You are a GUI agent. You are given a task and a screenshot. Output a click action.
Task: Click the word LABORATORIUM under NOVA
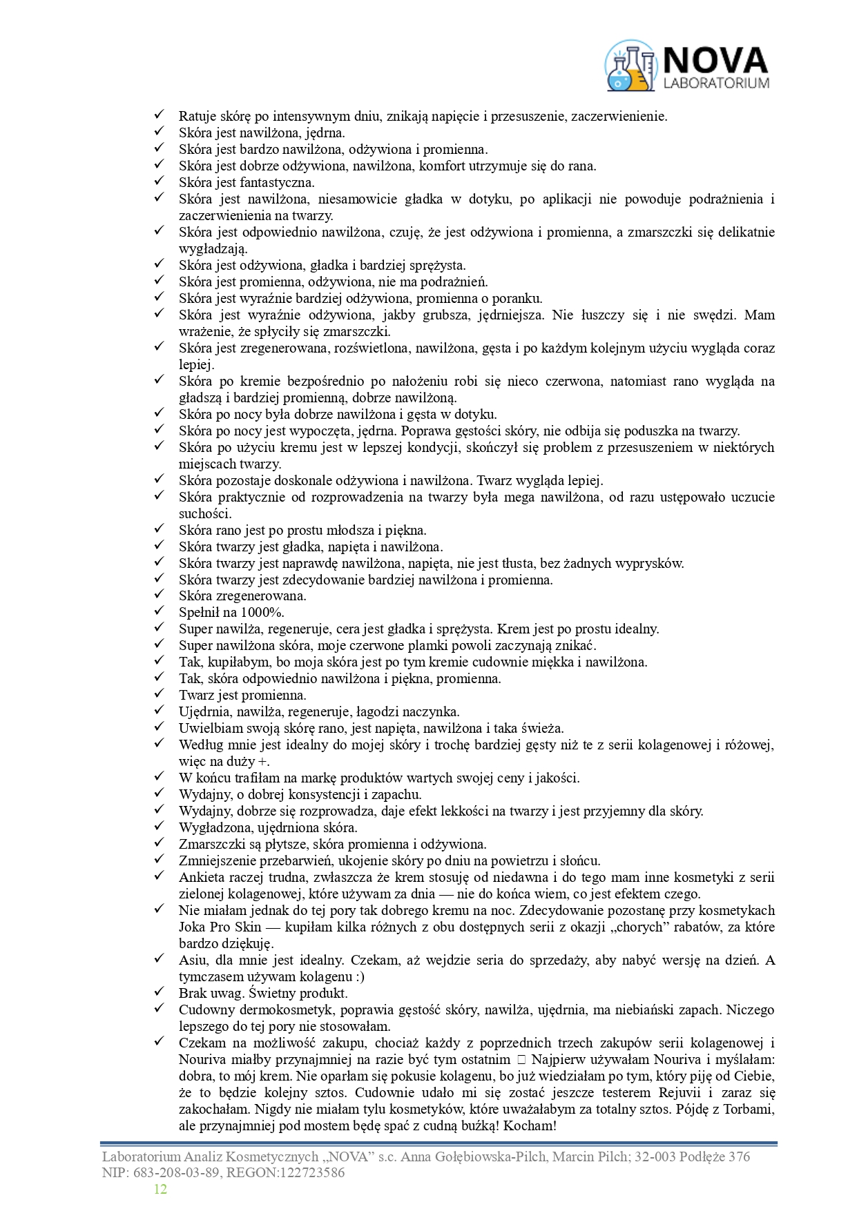[x=715, y=83]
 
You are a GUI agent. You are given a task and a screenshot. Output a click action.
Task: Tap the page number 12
[x=160, y=1188]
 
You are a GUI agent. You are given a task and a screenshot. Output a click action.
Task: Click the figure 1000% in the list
[x=262, y=613]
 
